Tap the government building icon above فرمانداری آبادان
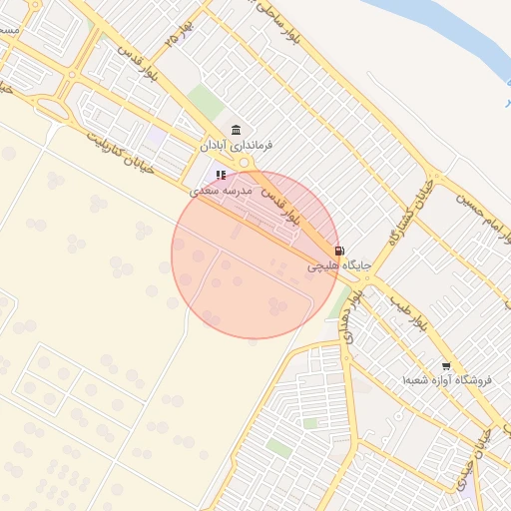coord(236,131)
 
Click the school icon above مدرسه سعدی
coord(221,175)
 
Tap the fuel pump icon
coord(340,251)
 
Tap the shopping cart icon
coord(445,366)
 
